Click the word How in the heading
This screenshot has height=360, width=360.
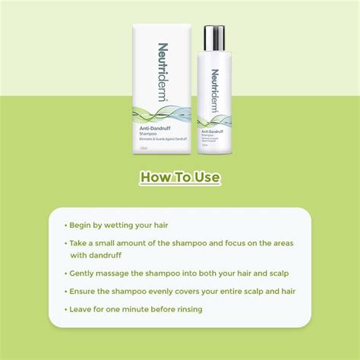click(156, 178)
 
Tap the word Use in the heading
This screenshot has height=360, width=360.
click(206, 178)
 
